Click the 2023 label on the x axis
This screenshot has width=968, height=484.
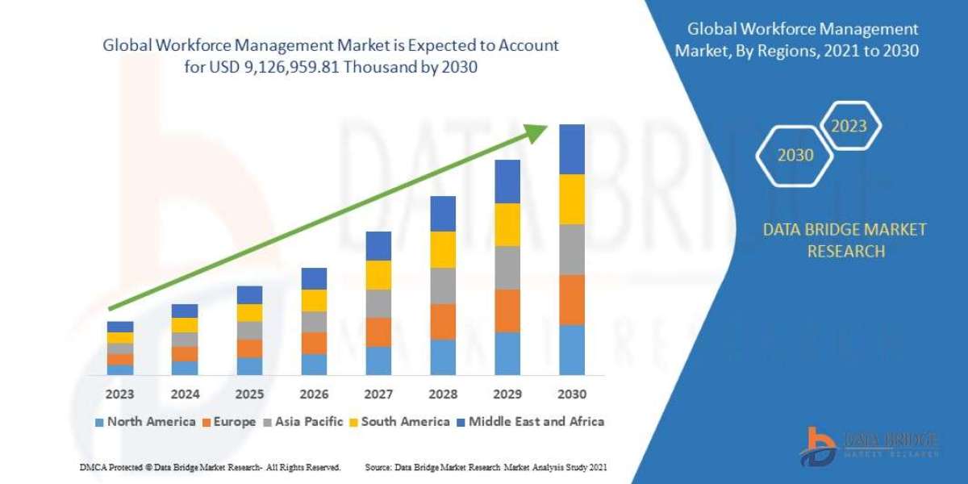pos(119,394)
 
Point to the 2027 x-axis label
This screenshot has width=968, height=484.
pos(378,394)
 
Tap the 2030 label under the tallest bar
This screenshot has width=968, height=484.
pos(571,394)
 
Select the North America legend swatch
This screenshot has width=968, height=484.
pos(99,422)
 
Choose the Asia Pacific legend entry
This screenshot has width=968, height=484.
pos(303,421)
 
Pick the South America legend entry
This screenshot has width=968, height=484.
pos(399,421)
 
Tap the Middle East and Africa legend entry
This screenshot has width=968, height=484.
pos(530,421)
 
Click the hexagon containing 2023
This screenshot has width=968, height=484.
pos(849,126)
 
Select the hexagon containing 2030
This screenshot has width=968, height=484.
pos(795,155)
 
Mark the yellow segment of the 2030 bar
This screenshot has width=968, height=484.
pos(571,199)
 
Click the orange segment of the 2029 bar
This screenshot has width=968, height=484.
pos(507,311)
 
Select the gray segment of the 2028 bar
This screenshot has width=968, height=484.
pos(442,286)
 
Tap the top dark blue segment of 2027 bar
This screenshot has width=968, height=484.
pos(378,246)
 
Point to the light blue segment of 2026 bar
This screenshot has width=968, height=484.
pos(313,364)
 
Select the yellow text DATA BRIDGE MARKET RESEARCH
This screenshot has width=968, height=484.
pos(845,240)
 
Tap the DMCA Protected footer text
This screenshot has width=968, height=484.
pos(211,467)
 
